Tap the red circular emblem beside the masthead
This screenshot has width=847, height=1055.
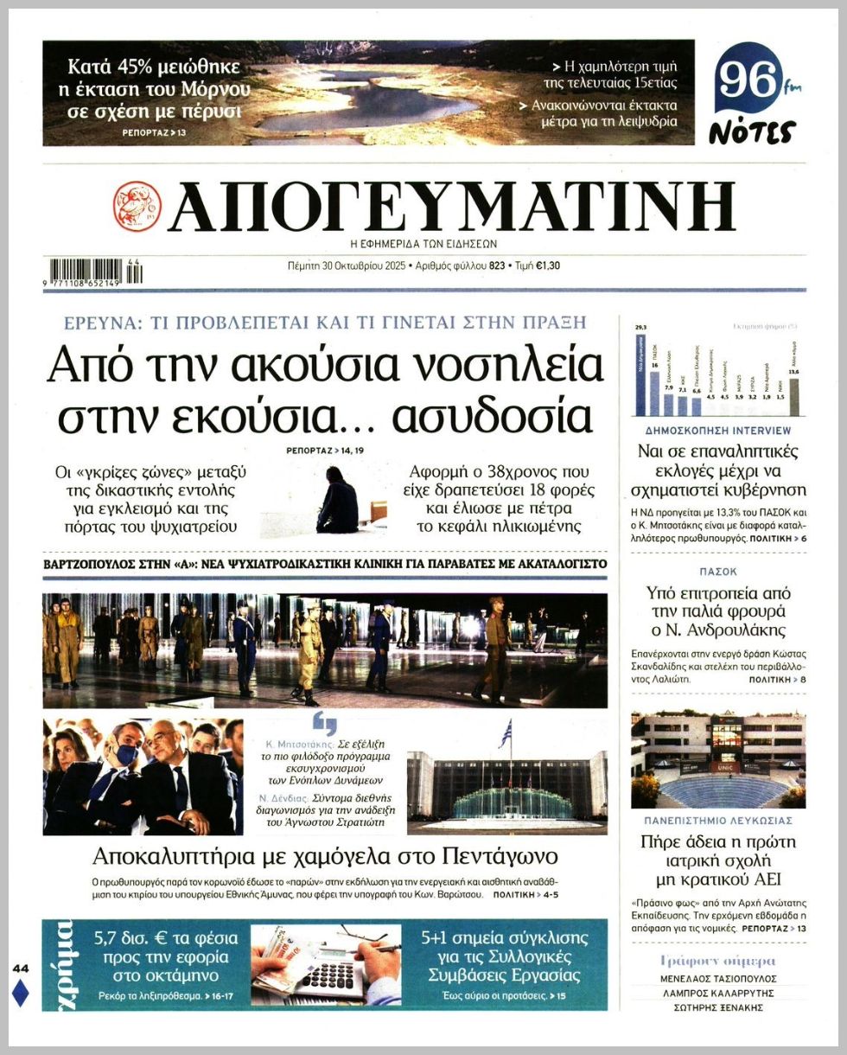coord(137,206)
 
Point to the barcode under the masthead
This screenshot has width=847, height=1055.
coord(95,272)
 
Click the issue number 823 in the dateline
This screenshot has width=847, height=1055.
coord(497,266)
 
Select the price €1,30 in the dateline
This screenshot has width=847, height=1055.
coord(548,266)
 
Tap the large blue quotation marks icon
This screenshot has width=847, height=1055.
coord(325,723)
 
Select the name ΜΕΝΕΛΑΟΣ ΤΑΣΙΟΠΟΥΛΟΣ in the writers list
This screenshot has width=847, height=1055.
coord(718,979)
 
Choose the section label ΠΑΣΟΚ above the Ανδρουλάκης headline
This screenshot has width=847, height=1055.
coord(718,572)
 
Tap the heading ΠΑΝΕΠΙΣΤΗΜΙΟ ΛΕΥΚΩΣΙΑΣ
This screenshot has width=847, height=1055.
coord(718,820)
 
